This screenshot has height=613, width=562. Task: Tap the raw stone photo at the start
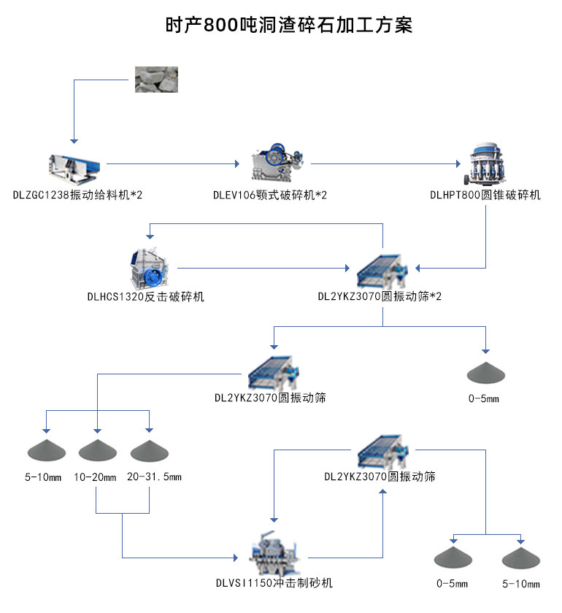[x=155, y=78]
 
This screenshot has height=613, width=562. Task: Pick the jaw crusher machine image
[x=279, y=163]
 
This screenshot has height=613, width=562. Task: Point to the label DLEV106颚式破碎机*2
[x=270, y=195]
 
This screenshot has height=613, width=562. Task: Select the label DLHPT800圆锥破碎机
[x=485, y=195]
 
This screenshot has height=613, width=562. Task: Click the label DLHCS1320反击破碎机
[x=146, y=297]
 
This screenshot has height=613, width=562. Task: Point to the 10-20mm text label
[x=95, y=478]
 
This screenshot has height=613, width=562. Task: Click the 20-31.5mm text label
[x=154, y=477]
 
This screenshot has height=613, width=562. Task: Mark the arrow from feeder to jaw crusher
[x=175, y=164]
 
